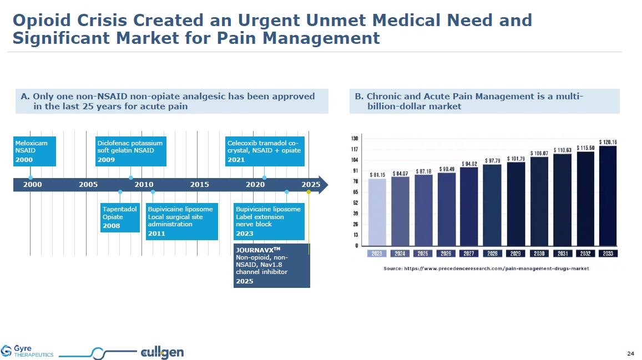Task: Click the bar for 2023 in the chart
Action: click(377, 211)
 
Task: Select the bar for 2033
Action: click(608, 195)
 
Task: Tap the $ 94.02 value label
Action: click(469, 163)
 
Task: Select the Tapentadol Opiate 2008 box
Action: click(120, 217)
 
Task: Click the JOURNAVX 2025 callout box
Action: click(271, 265)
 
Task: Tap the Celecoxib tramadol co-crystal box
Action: click(264, 151)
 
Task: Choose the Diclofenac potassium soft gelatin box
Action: click(130, 151)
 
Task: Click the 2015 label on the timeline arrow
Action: click(199, 184)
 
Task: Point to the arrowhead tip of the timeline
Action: click(327, 184)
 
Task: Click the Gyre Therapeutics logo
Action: click(28, 351)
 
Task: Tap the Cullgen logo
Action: click(163, 352)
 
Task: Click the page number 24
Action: click(630, 353)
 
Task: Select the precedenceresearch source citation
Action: click(486, 268)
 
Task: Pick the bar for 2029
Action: click(515, 204)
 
